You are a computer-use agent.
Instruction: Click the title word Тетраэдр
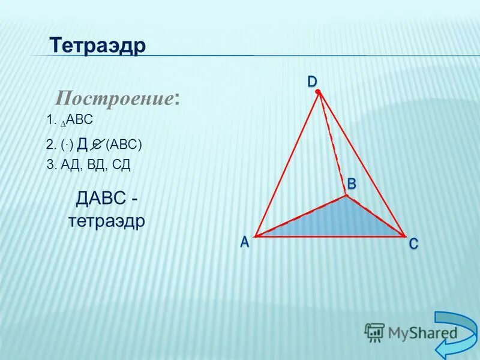(98, 46)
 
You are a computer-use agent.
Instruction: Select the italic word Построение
(115, 97)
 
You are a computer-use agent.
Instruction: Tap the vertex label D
(313, 80)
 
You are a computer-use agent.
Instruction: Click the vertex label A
(245, 242)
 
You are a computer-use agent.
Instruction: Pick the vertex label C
(414, 244)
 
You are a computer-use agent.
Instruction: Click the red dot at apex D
(319, 92)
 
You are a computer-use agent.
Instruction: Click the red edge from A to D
(287, 164)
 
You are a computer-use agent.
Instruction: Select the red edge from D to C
(362, 163)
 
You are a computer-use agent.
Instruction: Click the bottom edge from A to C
(330, 236)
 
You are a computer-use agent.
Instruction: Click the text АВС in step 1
(79, 120)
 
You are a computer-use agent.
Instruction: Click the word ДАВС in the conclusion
(100, 197)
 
